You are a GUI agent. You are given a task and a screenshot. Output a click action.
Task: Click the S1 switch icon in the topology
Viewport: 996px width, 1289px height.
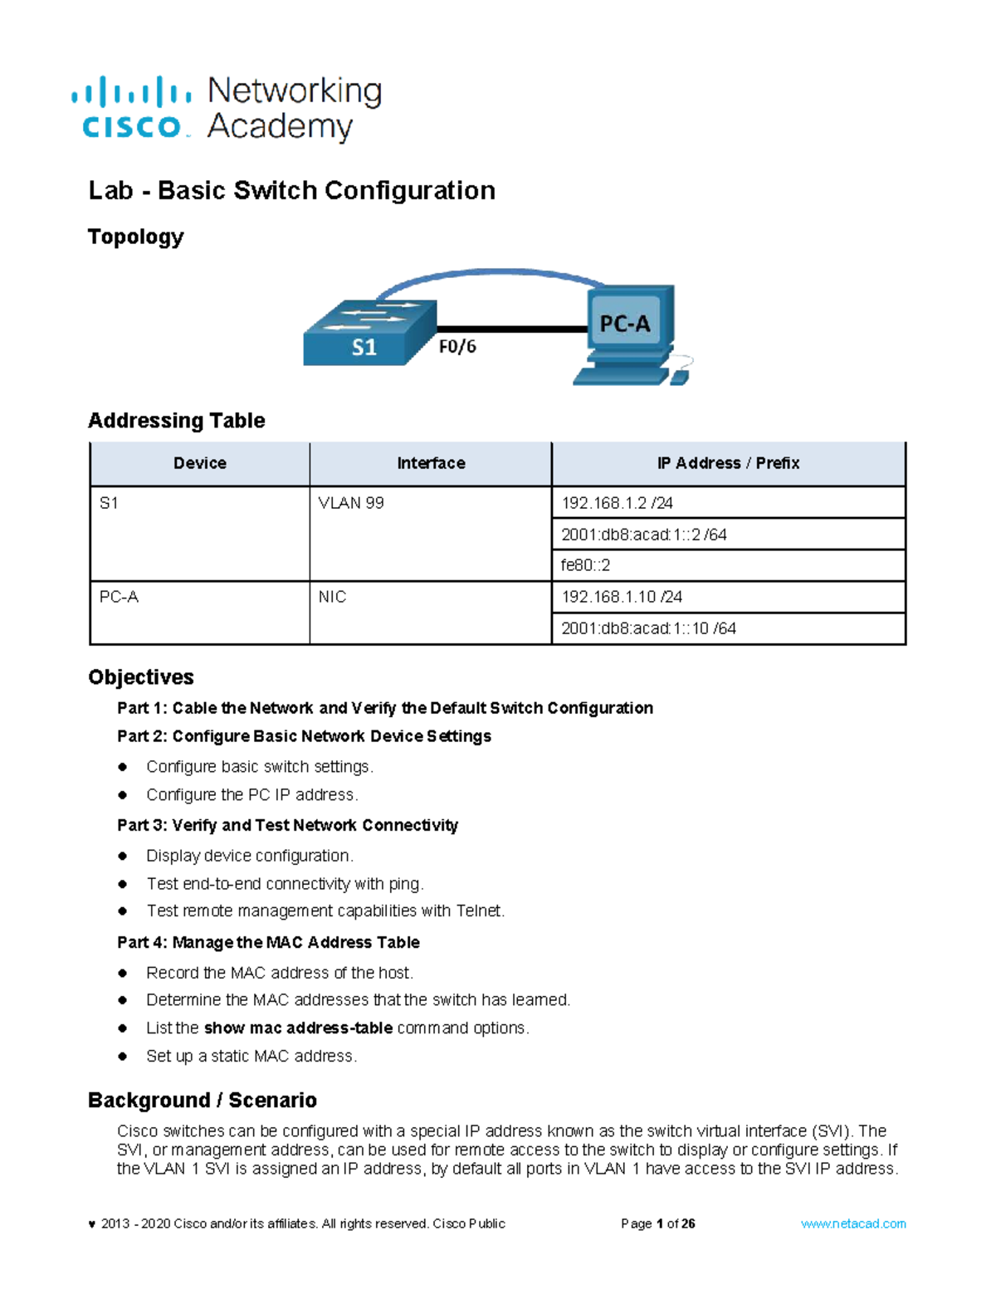pos(369,334)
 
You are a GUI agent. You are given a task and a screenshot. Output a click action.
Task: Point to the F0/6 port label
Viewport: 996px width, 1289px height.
pos(457,347)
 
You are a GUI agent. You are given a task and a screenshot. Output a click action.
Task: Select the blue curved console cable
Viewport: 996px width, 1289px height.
pos(490,273)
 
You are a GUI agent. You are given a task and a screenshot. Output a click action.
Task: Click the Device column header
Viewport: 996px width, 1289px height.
pos(199,463)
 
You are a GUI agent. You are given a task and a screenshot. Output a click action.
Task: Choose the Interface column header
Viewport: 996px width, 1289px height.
pos(431,463)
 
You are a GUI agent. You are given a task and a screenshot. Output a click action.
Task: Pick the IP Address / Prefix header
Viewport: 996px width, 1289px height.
pos(728,463)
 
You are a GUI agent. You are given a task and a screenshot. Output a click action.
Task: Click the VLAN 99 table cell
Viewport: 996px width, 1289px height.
pos(351,503)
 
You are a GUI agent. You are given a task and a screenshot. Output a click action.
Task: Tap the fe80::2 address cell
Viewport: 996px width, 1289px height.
pos(585,565)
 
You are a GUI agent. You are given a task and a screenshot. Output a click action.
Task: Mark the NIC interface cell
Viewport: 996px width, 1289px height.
pos(332,597)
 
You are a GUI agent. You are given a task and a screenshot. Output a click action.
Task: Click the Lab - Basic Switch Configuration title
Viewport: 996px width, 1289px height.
pos(291,191)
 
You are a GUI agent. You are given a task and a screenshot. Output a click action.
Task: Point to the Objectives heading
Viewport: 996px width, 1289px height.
pos(141,677)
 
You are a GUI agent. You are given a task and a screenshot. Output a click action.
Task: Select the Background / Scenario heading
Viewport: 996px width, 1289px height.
pos(203,1100)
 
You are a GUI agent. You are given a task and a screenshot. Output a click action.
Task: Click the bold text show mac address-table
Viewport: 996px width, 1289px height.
pos(298,1028)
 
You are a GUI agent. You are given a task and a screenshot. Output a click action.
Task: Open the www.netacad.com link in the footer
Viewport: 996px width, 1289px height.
pos(853,1223)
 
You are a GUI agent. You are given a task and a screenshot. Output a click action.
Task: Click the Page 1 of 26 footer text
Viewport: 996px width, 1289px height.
pos(657,1223)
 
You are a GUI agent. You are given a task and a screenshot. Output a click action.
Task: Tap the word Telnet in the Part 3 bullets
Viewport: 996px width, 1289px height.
pos(479,911)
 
